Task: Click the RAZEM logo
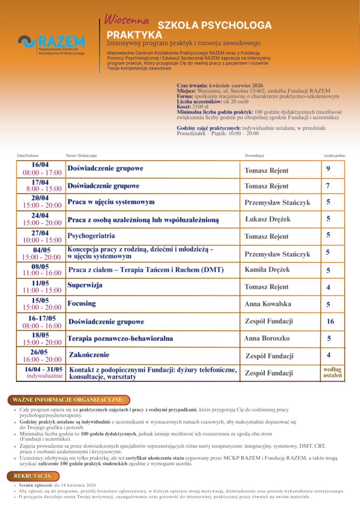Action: pos(52,45)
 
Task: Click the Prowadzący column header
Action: pos(254,155)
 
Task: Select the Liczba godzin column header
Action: pos(335,155)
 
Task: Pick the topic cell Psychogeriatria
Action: pos(91,236)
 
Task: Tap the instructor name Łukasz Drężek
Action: pos(268,219)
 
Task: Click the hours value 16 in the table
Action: pos(330,321)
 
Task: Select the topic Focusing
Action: pos(82,304)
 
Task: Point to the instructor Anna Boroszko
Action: pos(267,338)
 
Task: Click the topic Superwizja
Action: pos(85,285)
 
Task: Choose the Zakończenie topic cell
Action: pos(89,354)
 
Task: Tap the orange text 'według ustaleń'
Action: pos(333,372)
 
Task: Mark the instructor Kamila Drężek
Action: pos(267,270)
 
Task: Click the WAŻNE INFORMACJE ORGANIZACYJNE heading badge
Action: pos(68,400)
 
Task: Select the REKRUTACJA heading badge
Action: pos(32,476)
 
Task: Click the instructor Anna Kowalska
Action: pos(268,304)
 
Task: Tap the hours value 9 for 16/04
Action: pos(328,168)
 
